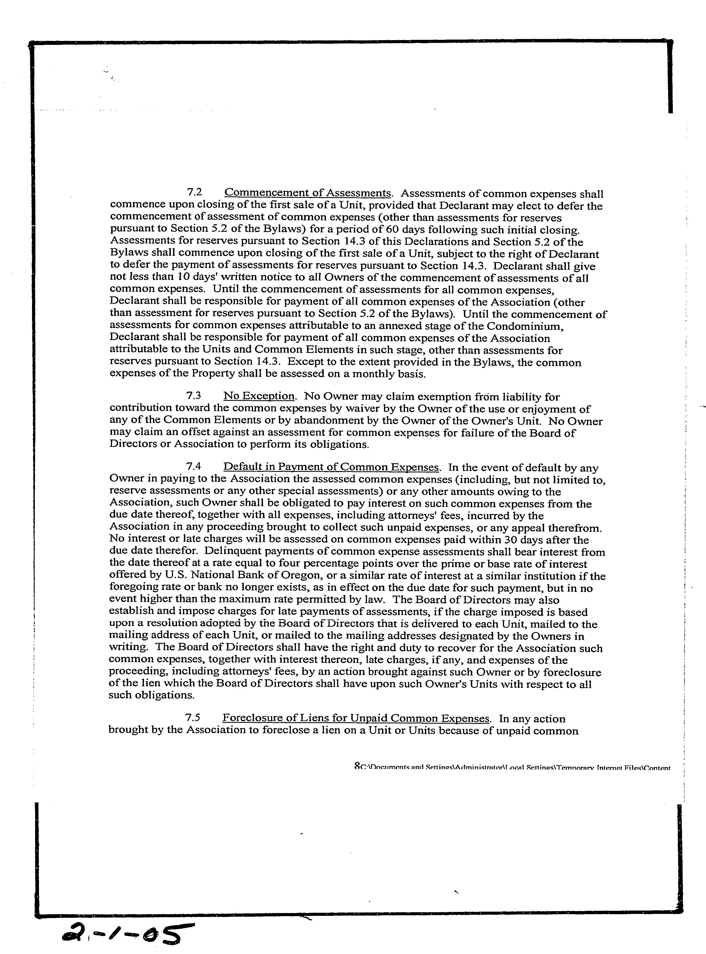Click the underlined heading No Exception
pos(259,396)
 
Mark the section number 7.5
pos(193,719)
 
